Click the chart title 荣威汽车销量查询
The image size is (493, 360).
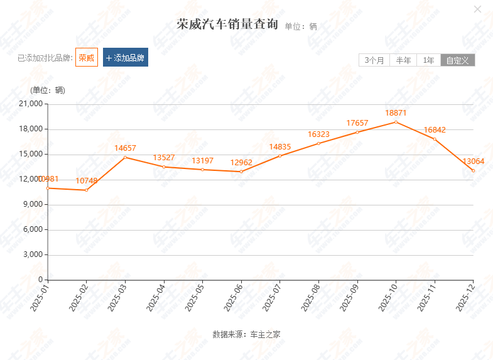(227, 25)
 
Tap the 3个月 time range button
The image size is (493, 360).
(374, 60)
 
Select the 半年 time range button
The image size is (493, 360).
(403, 60)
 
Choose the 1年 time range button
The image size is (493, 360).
(428, 60)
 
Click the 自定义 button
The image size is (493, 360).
(458, 60)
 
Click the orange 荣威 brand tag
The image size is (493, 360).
(87, 58)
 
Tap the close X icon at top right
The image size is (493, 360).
(477, 9)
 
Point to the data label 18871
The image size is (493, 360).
(396, 113)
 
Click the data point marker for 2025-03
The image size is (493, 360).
(125, 157)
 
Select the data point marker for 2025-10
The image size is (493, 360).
(396, 122)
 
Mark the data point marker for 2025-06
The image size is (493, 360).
(241, 172)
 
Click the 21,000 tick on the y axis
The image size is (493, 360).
(31, 104)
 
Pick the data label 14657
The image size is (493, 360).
(125, 148)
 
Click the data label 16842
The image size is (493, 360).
(435, 130)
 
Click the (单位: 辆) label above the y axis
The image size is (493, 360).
(48, 90)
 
